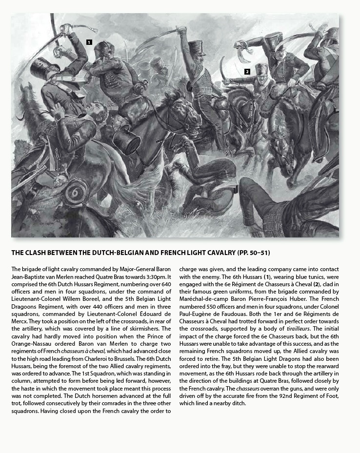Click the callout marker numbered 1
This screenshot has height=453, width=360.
pyautogui.click(x=89, y=42)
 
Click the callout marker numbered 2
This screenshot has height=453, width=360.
pyautogui.click(x=247, y=72)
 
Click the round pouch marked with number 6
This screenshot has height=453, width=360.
pyautogui.click(x=76, y=191)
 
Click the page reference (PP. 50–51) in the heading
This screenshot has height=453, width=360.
pyautogui.click(x=254, y=253)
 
